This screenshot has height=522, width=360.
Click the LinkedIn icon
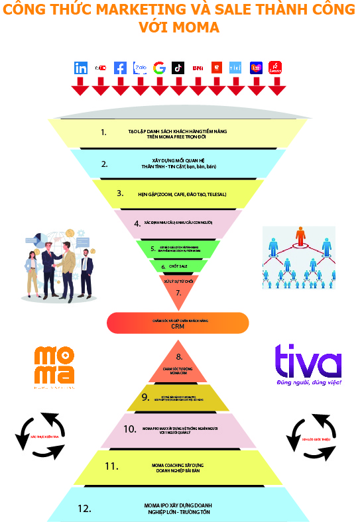tap(81, 68)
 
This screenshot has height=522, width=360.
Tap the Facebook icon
tap(120, 68)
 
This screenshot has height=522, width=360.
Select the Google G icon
tap(159, 68)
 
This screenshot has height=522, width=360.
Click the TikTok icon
tap(178, 68)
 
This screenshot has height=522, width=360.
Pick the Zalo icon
tap(140, 68)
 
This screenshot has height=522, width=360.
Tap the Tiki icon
tap(236, 68)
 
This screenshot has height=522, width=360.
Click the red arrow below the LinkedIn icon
tap(81, 86)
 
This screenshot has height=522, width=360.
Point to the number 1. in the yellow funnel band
tap(103, 132)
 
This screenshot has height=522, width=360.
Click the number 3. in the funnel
tap(120, 193)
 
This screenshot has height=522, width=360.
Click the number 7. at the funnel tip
tap(178, 292)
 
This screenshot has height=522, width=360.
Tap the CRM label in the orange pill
tap(177, 325)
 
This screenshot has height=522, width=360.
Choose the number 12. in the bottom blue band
tap(84, 509)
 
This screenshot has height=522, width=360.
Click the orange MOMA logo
tap(54, 366)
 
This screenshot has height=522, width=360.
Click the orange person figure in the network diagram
tap(301, 235)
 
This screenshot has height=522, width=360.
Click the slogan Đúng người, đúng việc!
tap(309, 383)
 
